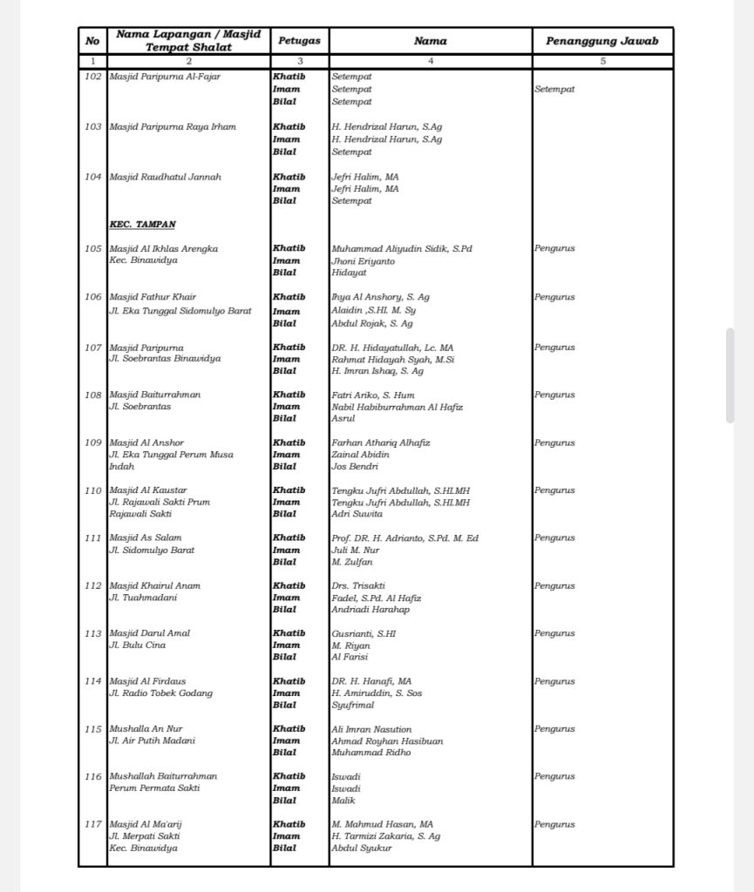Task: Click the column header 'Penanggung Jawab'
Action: coord(602,41)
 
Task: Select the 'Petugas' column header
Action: coord(299,41)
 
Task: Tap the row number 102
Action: coord(93,77)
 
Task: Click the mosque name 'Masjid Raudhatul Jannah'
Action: coord(165,177)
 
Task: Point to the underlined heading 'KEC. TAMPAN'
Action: coord(142,225)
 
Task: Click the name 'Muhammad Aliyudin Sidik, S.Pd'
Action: coord(401,249)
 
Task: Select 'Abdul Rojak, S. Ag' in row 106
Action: coord(371,323)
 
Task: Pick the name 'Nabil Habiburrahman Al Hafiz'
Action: coord(397,407)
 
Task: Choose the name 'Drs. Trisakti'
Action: coord(357,586)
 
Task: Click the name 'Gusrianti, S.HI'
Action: coord(363,634)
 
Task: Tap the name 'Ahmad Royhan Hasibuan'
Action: coord(387,741)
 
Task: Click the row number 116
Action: coord(93,776)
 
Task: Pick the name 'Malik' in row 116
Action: coord(343,801)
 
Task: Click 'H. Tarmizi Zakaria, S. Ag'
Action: coord(385,836)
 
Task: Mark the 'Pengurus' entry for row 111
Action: coord(554,538)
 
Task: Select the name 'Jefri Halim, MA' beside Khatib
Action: coord(364,177)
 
